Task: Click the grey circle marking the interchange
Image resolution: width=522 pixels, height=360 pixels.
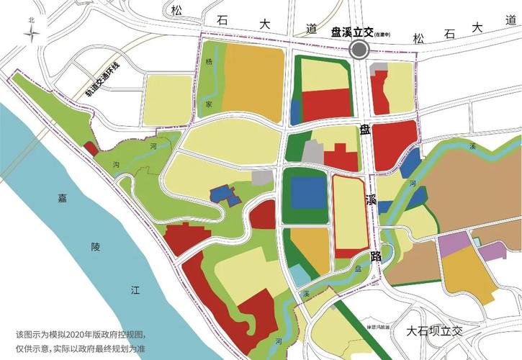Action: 359,50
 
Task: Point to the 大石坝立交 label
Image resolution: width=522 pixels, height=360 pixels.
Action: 436,330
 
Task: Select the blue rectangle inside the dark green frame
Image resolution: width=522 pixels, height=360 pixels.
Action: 308,194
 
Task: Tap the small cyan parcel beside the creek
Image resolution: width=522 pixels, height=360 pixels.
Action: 300,276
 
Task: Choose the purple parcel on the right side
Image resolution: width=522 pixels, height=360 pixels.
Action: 454,244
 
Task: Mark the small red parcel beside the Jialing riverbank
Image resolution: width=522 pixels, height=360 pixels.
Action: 91,148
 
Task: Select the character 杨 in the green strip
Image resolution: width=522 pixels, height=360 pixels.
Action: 209,63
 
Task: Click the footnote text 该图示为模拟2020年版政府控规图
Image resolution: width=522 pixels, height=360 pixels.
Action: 79,335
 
